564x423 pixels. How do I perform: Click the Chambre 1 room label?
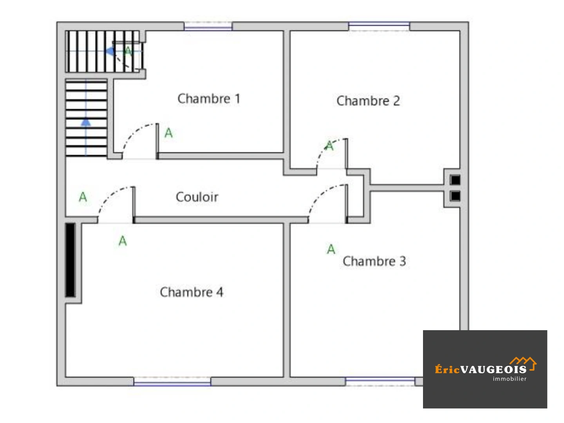209,99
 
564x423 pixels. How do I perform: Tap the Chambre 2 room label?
368,101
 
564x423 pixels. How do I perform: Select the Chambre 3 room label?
374,261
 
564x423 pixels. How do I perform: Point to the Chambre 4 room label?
192,292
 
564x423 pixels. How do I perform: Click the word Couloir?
197,197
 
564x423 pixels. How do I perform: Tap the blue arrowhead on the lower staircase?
86,123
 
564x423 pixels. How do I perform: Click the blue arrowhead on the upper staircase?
110,51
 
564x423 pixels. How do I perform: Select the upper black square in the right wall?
455,180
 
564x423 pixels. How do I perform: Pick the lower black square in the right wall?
455,196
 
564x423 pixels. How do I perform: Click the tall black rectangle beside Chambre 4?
70,260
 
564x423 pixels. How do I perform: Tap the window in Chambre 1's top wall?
208,26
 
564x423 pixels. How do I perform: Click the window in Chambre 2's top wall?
379,26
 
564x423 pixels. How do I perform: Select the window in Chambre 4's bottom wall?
172,381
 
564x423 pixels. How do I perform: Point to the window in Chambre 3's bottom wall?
380,381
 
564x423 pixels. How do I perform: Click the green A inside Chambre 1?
168,133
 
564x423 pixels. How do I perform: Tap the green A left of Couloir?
83,197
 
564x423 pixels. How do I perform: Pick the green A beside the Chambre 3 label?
331,249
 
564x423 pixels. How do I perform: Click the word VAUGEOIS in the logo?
493,370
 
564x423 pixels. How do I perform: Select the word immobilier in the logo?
510,379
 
